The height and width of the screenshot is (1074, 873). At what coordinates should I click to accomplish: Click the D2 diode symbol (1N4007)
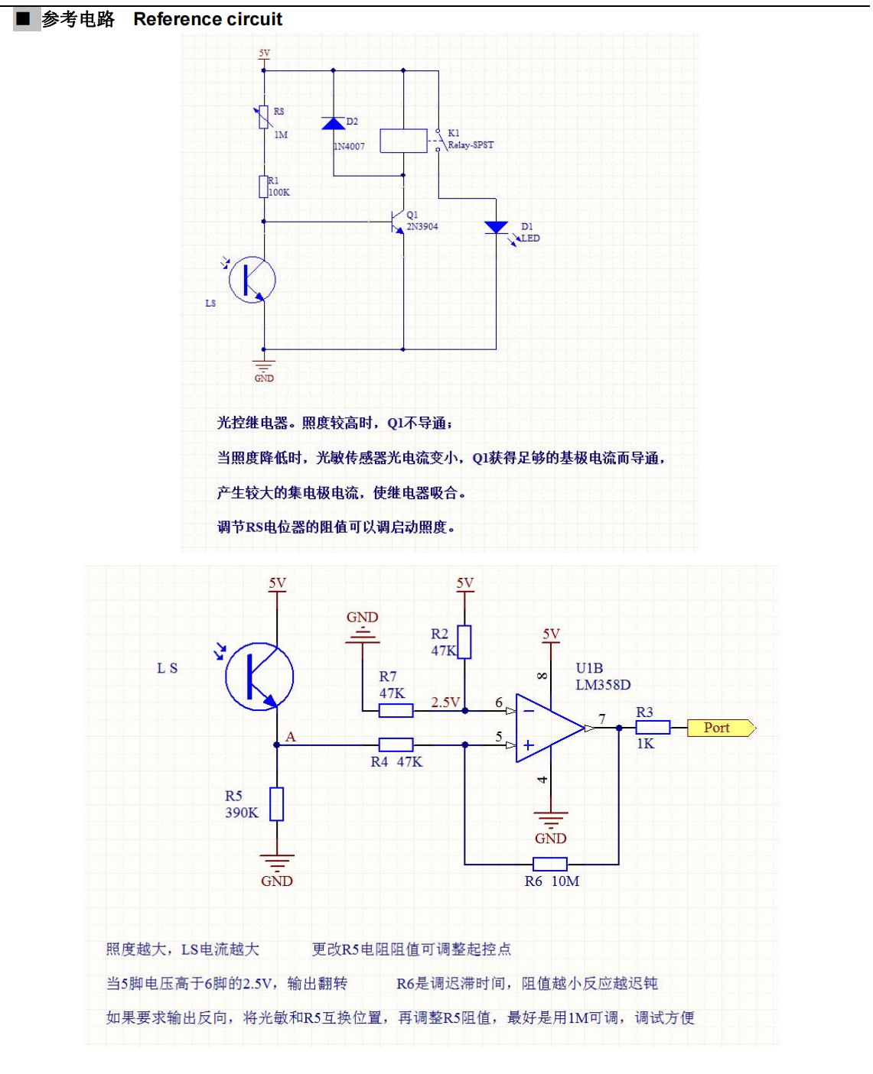coord(333,124)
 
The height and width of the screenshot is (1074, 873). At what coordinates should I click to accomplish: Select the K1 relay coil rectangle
coord(403,141)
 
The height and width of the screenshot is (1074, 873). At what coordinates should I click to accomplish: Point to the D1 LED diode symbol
coord(496,228)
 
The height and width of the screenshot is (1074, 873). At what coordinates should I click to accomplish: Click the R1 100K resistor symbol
coord(264,187)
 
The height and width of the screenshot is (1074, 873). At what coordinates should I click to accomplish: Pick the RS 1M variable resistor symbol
coord(264,118)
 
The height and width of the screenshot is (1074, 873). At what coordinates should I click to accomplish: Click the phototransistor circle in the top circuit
coord(252,280)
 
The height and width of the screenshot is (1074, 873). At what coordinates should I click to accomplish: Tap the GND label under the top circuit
coord(264,378)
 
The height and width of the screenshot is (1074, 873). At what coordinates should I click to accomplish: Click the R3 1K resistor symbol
coord(653,728)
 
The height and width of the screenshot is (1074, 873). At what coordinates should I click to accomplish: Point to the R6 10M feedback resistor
coord(550,865)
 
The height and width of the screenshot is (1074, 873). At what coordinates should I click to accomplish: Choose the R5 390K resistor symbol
coord(277,804)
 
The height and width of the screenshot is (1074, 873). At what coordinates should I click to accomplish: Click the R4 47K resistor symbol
coord(396,745)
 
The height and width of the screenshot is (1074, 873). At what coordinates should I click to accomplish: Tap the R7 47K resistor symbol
coord(396,711)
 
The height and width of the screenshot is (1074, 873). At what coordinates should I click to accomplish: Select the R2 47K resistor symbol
coord(464,642)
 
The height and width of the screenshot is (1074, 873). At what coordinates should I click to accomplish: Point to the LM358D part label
coord(603,685)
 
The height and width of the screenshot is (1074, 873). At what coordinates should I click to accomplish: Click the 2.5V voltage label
coord(445,702)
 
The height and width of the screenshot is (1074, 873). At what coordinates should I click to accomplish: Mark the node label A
coord(291,737)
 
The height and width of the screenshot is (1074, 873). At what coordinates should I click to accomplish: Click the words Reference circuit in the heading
coord(208,19)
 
